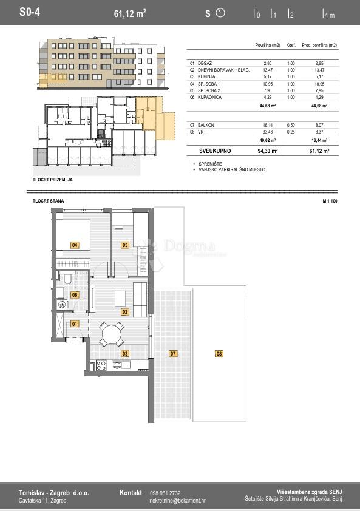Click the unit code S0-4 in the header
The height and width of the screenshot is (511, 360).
[30, 12]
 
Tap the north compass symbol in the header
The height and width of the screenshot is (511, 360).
[220, 13]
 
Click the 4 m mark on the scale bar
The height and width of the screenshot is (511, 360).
[330, 15]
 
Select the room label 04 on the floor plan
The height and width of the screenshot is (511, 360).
[75, 245]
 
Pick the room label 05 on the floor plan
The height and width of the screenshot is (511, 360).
[125, 245]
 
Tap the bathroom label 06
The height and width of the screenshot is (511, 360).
[75, 295]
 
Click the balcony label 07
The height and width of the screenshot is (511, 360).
[173, 354]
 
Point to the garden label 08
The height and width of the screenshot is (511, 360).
[219, 354]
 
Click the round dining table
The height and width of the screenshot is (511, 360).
[112, 334]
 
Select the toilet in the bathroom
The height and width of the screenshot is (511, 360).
[68, 279]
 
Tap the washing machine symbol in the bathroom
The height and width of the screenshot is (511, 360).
[62, 305]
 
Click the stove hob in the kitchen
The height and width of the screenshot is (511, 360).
[101, 365]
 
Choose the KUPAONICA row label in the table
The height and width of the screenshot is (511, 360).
[209, 97]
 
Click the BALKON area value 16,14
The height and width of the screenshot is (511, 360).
[268, 125]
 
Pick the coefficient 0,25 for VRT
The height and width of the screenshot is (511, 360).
[291, 132]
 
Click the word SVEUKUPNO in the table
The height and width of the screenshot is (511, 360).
[215, 151]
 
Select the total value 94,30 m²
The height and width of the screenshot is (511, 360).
[267, 151]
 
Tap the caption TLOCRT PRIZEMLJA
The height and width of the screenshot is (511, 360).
[52, 180]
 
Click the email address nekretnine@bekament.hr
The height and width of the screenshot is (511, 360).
[177, 501]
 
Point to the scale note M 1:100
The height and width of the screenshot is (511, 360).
[330, 201]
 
